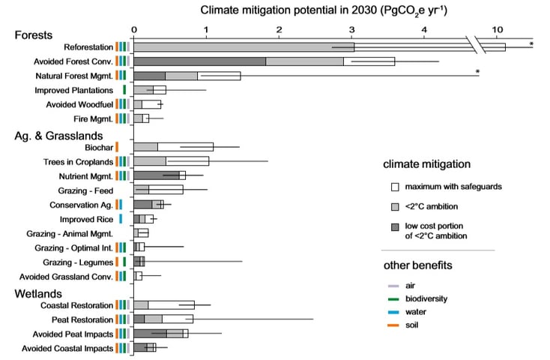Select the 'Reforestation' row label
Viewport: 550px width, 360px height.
(88, 46)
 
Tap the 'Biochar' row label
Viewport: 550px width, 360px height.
(97, 147)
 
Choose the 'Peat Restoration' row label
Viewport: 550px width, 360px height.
(82, 319)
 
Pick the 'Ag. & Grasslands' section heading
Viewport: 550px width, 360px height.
(58, 135)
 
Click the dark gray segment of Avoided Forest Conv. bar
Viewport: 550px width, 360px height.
(199, 61)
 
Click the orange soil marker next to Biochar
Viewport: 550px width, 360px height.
(117, 147)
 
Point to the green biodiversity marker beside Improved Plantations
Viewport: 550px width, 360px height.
(124, 90)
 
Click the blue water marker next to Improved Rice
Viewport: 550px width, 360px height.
(121, 219)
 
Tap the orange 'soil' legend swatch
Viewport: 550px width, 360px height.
(391, 325)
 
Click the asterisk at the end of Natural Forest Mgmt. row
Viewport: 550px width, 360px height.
(477, 72)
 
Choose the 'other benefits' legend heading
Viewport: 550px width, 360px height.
(417, 265)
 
